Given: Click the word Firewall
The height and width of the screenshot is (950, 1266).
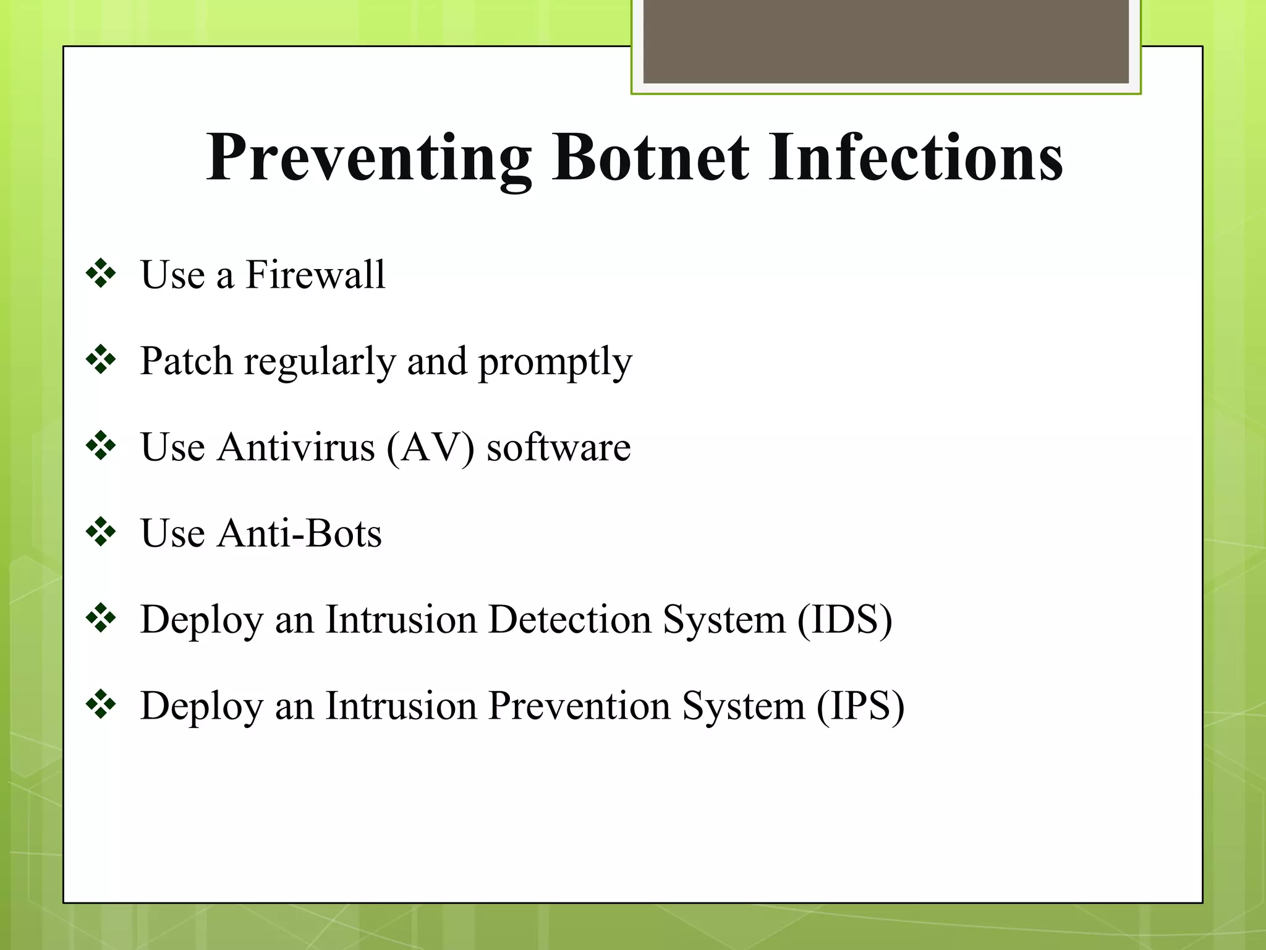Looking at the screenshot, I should tap(315, 275).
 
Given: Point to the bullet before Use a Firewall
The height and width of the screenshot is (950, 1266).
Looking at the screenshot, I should tap(101, 273).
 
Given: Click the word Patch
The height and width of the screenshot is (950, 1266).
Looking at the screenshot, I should tap(186, 361).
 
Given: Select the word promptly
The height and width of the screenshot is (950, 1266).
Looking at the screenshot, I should tap(555, 362).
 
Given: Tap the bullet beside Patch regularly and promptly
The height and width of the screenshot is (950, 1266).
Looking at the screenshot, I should tap(101, 360).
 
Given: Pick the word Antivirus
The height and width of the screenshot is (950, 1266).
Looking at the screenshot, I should tap(295, 447).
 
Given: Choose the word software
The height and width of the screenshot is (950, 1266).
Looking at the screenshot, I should tap(558, 447).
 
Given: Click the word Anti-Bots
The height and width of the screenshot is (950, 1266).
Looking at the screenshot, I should tap(299, 533).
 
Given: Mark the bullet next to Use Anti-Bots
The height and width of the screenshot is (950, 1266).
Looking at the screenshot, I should tap(101, 532).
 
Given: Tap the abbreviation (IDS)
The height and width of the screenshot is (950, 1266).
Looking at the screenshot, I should tap(845, 619).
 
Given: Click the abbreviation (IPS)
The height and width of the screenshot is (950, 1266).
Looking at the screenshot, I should tap(860, 706).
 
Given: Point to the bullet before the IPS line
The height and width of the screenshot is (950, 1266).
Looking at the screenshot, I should tap(101, 704).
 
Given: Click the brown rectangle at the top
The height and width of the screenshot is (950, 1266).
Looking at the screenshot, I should tap(886, 41).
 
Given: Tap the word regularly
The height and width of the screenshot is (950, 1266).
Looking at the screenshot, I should tap(320, 362).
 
